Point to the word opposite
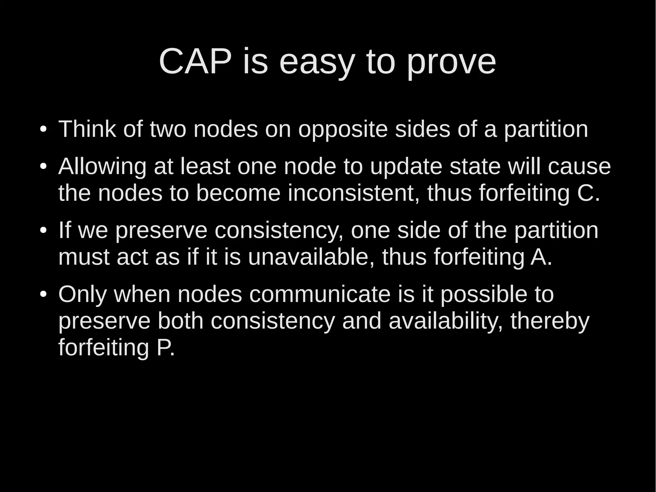click(343, 129)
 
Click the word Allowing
click(102, 167)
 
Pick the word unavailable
click(311, 257)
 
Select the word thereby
click(550, 321)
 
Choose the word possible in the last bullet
click(483, 295)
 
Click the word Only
click(82, 294)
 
